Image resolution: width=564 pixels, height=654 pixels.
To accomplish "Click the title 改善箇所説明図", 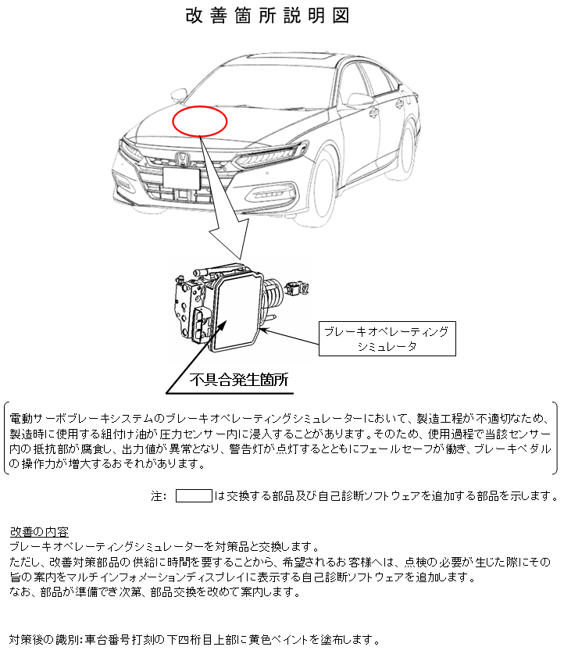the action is click(x=267, y=16).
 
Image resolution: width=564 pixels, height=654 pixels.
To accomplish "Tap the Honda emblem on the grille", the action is click(x=183, y=159).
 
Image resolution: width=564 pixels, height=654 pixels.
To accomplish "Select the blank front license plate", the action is click(x=182, y=178).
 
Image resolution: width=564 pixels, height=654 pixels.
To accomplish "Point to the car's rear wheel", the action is click(x=408, y=150).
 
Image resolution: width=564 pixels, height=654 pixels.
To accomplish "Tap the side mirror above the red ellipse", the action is click(x=179, y=95).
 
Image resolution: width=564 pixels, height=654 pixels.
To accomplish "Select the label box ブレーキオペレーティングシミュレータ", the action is click(x=387, y=338).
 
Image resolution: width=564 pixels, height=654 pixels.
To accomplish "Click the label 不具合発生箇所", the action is click(x=239, y=380).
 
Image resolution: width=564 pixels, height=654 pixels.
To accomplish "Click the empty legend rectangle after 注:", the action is click(x=194, y=496).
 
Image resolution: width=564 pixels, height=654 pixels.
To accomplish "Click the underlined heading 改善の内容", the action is click(x=39, y=532).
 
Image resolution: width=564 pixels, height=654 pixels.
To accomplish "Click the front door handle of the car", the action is click(x=373, y=112).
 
